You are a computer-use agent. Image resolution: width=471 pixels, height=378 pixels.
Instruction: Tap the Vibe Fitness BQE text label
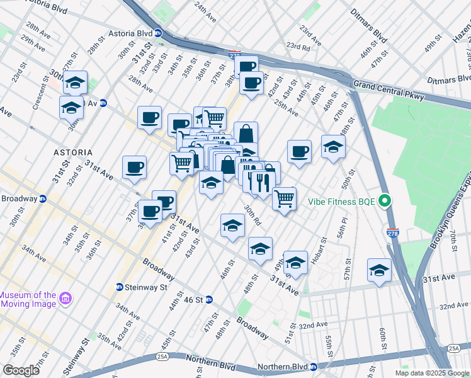tap(341, 202)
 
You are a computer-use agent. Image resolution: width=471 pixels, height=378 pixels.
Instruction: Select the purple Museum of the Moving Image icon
tap(65, 297)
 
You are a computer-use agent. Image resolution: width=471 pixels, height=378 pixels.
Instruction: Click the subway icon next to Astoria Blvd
tap(158, 33)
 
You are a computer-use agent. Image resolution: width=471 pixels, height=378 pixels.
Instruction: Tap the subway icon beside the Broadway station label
tap(43, 198)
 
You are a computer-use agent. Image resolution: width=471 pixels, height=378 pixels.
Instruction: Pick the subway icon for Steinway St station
tap(120, 287)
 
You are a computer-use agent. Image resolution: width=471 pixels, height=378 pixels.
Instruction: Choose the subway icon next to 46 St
tap(209, 299)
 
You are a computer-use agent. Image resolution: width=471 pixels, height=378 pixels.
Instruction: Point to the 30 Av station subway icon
tap(104, 103)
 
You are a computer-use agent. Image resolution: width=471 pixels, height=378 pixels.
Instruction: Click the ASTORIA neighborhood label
tap(73, 152)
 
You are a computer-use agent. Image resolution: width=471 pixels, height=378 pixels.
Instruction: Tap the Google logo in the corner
tap(21, 370)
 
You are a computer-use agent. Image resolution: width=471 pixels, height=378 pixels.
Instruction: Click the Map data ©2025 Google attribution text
tap(431, 373)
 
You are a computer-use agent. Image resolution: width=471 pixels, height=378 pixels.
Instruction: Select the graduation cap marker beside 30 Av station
tap(71, 107)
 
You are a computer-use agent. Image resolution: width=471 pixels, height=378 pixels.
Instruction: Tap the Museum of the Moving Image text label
tap(28, 299)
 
